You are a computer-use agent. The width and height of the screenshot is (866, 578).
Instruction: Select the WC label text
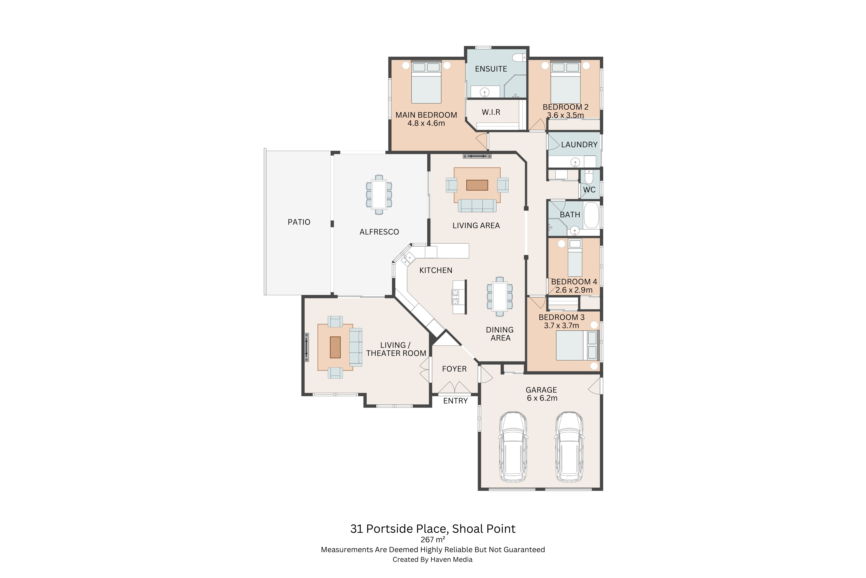[x=589, y=190]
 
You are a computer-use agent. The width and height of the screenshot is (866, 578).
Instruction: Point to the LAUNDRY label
[x=579, y=144]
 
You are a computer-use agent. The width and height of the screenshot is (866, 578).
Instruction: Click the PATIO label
[x=299, y=222]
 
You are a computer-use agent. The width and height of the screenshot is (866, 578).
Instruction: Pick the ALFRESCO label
[x=379, y=232]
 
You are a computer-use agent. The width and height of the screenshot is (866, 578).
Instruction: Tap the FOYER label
[x=454, y=369]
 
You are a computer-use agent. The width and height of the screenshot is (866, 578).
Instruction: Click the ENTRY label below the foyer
[x=456, y=401]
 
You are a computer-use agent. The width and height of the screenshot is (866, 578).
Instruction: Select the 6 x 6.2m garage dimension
[x=542, y=398]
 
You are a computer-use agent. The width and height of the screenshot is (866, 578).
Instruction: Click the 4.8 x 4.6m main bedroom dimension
[x=426, y=124]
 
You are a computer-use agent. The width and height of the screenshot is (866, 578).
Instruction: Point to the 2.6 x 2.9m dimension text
[x=574, y=290]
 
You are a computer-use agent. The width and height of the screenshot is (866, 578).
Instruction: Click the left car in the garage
[x=513, y=447]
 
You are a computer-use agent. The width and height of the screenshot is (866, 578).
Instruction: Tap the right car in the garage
[x=569, y=447]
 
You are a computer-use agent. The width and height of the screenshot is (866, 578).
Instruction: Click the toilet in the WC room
[x=589, y=177]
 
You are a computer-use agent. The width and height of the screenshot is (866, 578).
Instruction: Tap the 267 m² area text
[x=433, y=540]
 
